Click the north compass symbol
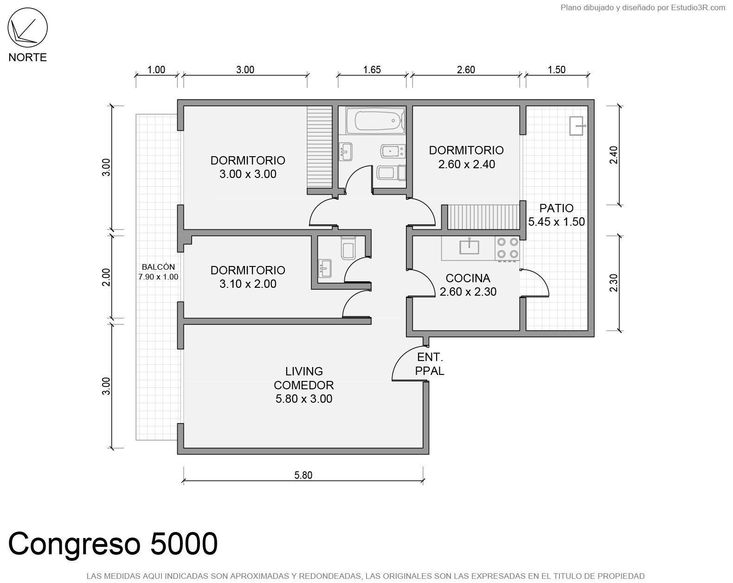pyautogui.click(x=27, y=27)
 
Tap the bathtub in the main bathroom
pyautogui.click(x=375, y=120)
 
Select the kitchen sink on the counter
pyautogui.click(x=469, y=247)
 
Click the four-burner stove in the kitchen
pyautogui.click(x=508, y=248)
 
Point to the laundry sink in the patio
pyautogui.click(x=577, y=126)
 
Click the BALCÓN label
pyautogui.click(x=158, y=267)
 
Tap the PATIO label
pyautogui.click(x=556, y=208)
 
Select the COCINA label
pyautogui.click(x=468, y=278)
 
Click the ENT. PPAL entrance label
pyautogui.click(x=430, y=364)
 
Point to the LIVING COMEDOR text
pyautogui.click(x=304, y=378)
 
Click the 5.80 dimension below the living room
pyautogui.click(x=303, y=475)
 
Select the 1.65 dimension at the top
pyautogui.click(x=372, y=70)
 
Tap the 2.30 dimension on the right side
pyautogui.click(x=613, y=283)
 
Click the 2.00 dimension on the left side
pyautogui.click(x=106, y=278)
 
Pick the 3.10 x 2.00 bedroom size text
pyautogui.click(x=248, y=284)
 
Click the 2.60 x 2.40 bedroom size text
pyautogui.click(x=466, y=165)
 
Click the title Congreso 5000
pyautogui.click(x=113, y=544)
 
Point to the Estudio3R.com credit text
pyautogui.click(x=698, y=8)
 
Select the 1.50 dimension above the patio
pyautogui.click(x=556, y=70)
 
